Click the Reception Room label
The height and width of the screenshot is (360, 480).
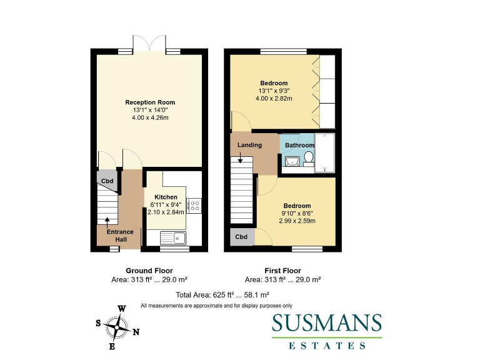[150, 102]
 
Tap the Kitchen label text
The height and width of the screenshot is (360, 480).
[157, 197]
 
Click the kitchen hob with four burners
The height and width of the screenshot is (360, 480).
[193, 204]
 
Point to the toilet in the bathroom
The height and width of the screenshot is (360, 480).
[307, 158]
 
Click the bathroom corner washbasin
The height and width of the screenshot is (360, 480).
[290, 162]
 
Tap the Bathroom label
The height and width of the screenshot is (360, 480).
[299, 146]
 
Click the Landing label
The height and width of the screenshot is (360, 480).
[249, 145]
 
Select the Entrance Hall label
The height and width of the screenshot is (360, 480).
[119, 235]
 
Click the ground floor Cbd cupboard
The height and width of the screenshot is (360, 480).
[107, 181]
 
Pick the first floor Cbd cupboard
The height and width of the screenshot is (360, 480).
[241, 237]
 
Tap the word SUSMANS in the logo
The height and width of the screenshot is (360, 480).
[326, 324]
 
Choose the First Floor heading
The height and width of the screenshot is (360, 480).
[282, 271]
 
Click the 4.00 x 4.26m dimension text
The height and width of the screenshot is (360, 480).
[150, 118]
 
